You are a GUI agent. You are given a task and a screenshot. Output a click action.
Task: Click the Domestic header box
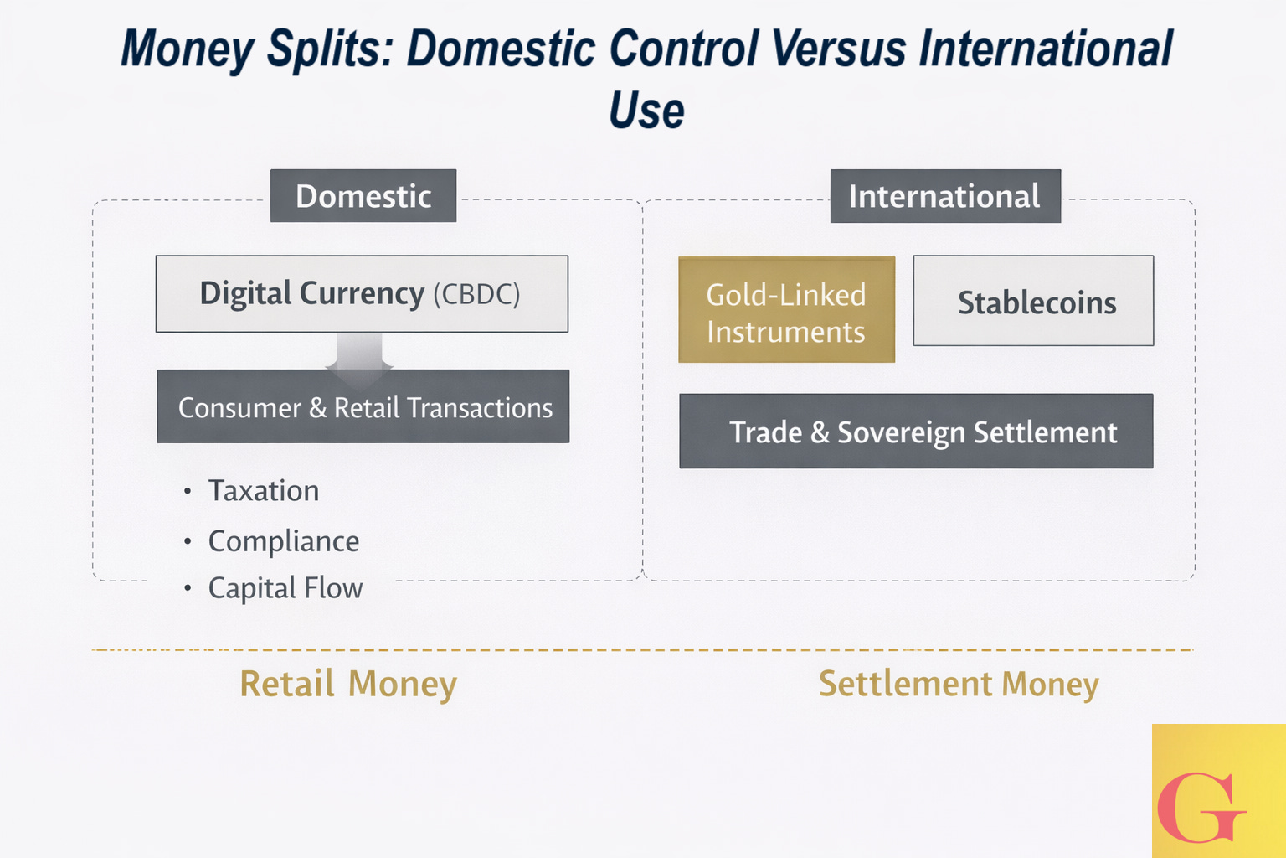pos(363,196)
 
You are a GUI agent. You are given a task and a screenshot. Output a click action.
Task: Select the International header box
pos(944,196)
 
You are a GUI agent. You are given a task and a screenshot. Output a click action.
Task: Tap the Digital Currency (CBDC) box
pos(362,294)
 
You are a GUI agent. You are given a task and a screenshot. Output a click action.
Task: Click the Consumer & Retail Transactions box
pos(363,407)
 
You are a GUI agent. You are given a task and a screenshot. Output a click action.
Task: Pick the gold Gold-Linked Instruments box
pos(786,310)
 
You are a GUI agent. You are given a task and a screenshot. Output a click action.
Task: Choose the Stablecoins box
pos(1033,302)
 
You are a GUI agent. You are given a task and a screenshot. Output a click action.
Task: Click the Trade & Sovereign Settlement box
pos(916,432)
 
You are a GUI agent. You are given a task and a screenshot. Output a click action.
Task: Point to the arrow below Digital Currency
pos(360,352)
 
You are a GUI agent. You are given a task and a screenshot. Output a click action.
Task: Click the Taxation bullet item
pos(263,491)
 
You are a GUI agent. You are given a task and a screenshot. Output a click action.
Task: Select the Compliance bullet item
pos(283,541)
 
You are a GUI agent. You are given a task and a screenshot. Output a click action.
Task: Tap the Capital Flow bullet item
pos(285,588)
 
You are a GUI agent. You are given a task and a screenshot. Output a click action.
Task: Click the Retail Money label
pos(348,684)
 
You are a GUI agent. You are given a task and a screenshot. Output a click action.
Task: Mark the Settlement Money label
pos(959,684)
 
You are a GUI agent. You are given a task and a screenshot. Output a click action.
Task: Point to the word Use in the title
pos(646,110)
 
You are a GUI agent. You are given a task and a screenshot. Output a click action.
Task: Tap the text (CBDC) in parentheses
pos(476,294)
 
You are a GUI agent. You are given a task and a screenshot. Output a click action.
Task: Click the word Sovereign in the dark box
pos(901,432)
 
